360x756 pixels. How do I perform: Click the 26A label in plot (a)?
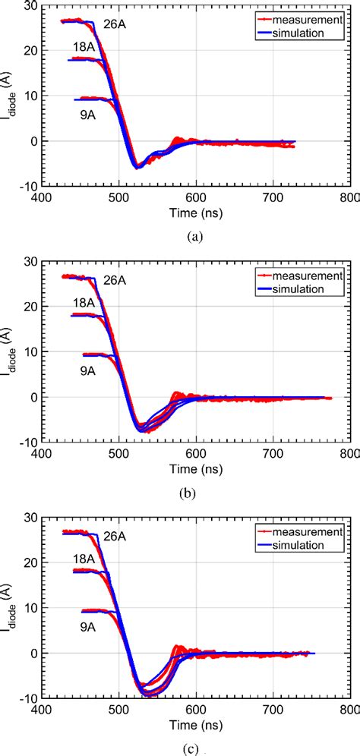[x=114, y=25]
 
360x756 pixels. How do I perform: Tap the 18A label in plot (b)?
[x=84, y=304]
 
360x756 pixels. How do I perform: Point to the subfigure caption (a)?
[x=196, y=236]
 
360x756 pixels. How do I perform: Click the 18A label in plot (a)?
[x=84, y=47]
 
